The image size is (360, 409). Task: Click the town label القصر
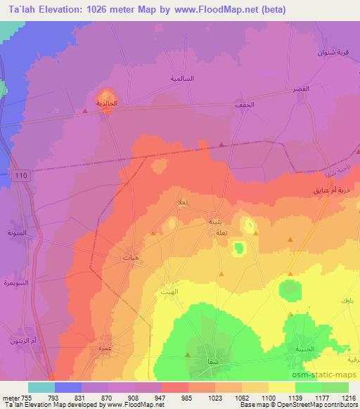(x=302, y=91)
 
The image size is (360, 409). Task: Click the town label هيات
(x=129, y=258)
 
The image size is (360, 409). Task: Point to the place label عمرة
(x=105, y=365)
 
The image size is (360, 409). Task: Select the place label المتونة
(x=16, y=233)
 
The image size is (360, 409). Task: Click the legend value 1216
(x=349, y=397)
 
